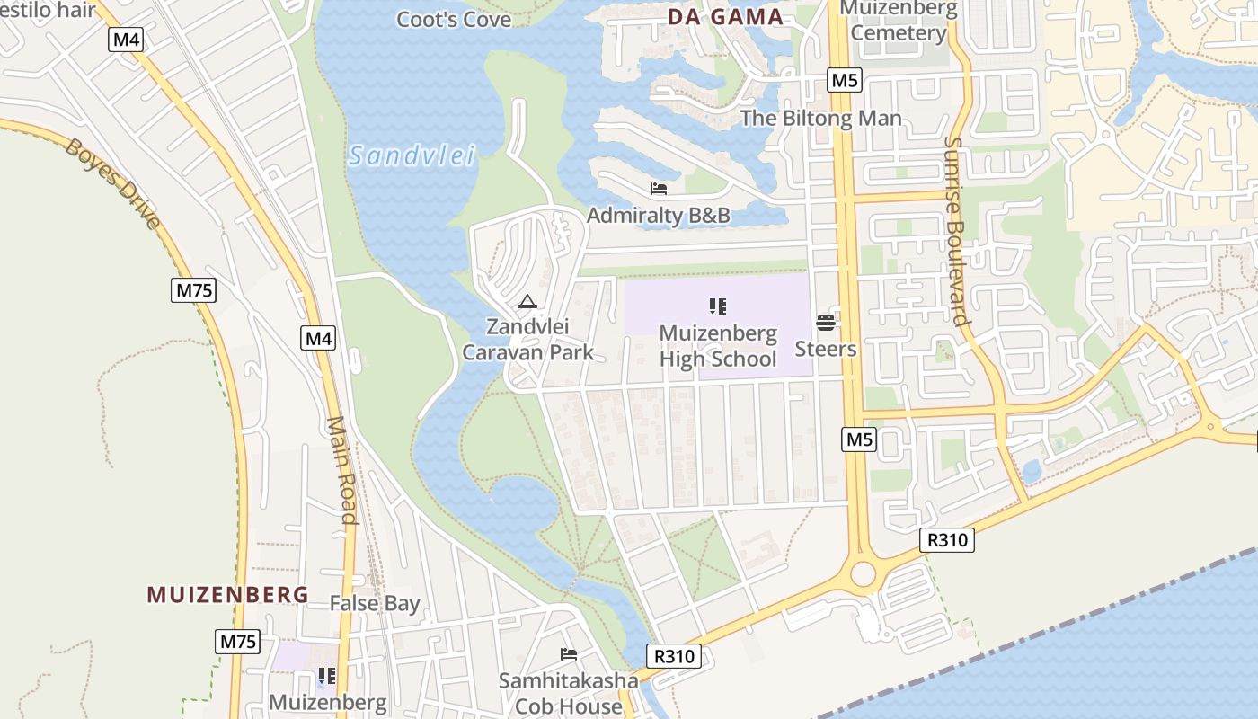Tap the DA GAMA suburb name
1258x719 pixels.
(x=725, y=17)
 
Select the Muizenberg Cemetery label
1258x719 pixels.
(x=899, y=22)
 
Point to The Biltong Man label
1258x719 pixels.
(x=820, y=118)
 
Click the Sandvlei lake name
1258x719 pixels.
(x=412, y=155)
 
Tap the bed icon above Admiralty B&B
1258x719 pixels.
(x=659, y=189)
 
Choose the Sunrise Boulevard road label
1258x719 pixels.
(x=958, y=230)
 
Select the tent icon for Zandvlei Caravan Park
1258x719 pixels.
(x=527, y=302)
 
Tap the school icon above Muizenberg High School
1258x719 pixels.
(x=717, y=306)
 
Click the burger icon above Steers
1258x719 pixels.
(x=825, y=323)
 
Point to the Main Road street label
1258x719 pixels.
(x=342, y=469)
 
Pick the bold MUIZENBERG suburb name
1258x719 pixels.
(x=227, y=594)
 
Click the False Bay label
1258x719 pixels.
(x=374, y=603)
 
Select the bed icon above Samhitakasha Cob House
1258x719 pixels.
(x=568, y=654)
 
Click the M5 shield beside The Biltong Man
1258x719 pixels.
(x=845, y=80)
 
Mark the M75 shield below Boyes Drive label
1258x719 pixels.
(x=195, y=290)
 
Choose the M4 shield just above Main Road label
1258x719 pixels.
(x=318, y=339)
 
